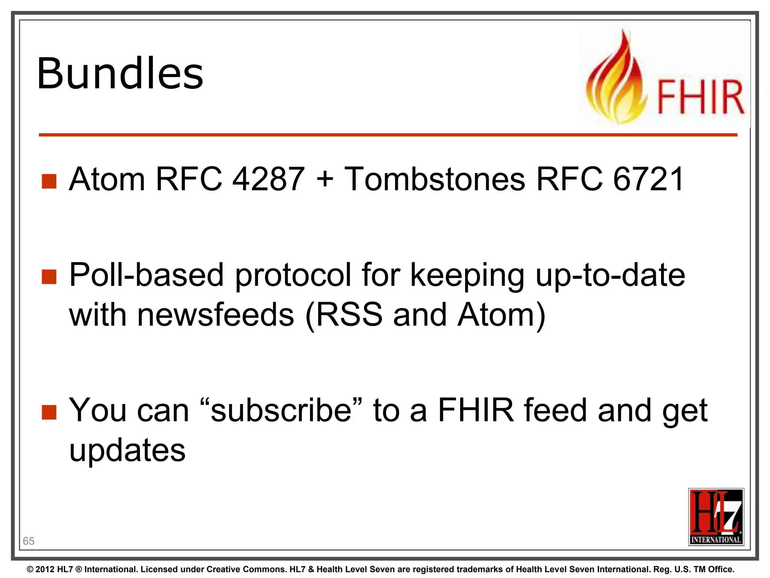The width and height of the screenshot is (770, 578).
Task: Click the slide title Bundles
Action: pos(120,74)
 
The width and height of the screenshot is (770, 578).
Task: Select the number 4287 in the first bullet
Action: pos(268,179)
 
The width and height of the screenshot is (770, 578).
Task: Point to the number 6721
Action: pos(648,179)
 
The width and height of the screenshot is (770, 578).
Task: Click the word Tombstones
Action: pos(435,179)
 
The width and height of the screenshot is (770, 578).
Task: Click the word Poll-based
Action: pos(147,275)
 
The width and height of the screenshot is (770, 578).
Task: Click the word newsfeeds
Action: pos(215,315)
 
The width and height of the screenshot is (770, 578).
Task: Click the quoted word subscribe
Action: pos(281,411)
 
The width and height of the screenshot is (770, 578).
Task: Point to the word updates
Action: pos(127,450)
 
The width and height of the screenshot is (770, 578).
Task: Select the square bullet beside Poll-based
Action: pos(49,277)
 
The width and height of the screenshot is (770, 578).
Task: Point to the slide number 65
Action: pos(29,541)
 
